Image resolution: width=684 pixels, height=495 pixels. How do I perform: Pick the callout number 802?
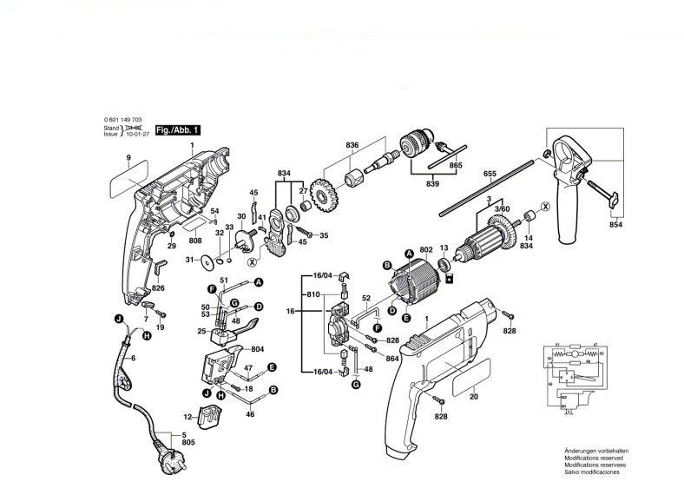[425, 249]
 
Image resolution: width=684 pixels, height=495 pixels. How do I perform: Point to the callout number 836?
[352, 144]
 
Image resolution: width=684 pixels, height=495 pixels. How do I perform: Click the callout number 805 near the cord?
[189, 443]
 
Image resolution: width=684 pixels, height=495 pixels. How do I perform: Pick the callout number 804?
[258, 349]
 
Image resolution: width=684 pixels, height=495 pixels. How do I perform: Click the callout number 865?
[456, 165]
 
